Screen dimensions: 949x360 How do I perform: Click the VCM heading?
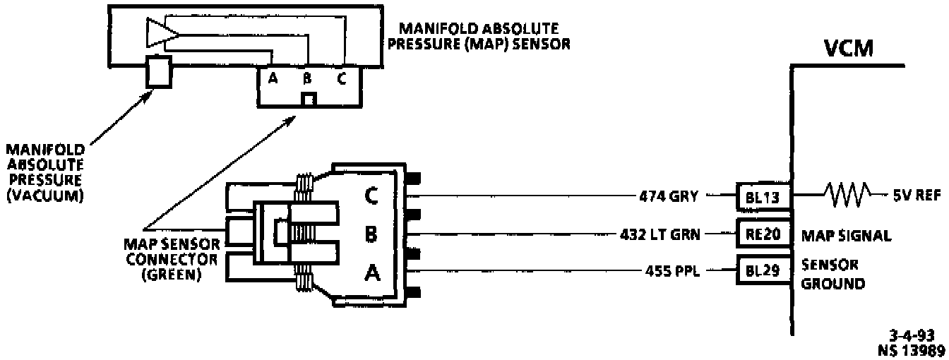[x=849, y=49]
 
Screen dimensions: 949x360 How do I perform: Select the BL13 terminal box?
[x=763, y=197]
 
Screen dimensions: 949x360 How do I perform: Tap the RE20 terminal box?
[x=763, y=234]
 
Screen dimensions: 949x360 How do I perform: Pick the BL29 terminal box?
[x=763, y=270]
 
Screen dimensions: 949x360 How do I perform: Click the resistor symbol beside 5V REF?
[x=846, y=196]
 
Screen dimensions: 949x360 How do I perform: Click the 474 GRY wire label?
[x=669, y=196]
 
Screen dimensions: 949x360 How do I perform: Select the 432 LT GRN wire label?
[x=660, y=234]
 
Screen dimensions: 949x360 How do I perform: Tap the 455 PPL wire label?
[x=672, y=270]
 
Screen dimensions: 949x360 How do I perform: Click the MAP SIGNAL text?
[x=846, y=236]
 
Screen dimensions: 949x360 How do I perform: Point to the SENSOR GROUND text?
[x=832, y=274]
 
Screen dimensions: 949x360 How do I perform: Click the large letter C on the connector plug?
[x=371, y=196]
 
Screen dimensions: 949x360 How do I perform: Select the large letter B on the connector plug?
[x=371, y=234]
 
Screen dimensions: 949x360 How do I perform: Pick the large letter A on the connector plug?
[x=372, y=272]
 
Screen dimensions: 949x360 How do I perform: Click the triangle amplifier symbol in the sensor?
[x=161, y=32]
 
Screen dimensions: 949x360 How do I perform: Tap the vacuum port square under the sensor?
[x=159, y=72]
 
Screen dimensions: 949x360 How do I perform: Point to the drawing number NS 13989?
[x=912, y=351]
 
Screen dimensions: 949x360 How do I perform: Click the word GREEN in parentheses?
[x=172, y=275]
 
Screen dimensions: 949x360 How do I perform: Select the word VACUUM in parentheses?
[x=45, y=196]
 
